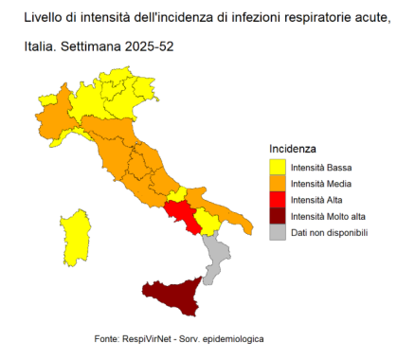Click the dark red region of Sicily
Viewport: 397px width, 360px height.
coord(171,293)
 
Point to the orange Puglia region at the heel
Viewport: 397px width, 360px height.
coord(227,210)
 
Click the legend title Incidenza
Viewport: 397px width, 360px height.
coord(293,150)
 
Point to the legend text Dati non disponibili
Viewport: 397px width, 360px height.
coord(329,232)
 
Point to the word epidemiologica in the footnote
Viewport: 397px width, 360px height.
coord(228,338)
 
